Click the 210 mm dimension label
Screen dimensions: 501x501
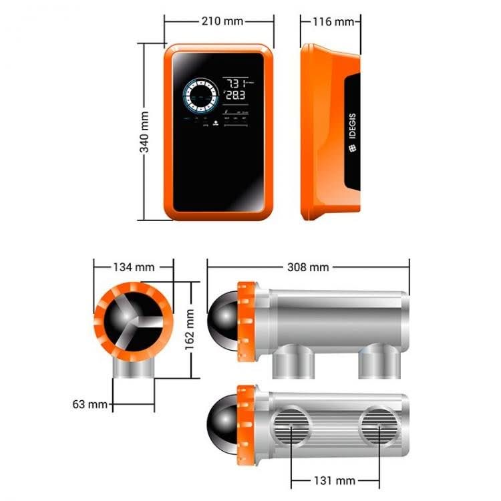[222, 21]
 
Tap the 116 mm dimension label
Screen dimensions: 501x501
[333, 21]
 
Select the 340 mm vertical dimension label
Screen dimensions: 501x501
[144, 132]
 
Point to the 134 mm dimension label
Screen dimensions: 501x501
[134, 267]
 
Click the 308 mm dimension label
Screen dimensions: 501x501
[308, 267]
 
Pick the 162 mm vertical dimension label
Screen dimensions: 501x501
[190, 329]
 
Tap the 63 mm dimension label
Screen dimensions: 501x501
[88, 404]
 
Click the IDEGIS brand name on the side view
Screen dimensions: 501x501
[352, 138]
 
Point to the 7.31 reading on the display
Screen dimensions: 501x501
[235, 83]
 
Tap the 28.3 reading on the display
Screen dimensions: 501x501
[235, 96]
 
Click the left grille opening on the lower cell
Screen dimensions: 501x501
[292, 428]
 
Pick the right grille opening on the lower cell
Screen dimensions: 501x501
[378, 428]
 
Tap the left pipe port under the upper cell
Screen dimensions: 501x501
[291, 362]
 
